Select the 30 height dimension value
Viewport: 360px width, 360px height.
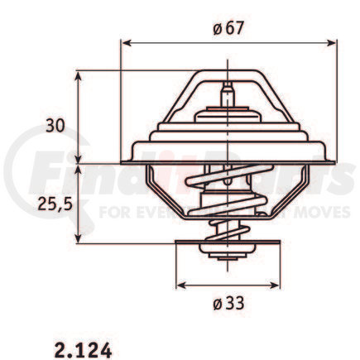pos(55,127)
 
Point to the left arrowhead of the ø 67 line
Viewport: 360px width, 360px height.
pos(125,41)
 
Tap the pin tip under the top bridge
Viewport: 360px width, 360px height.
pos(227,87)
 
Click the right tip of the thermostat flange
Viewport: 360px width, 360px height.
pos(335,160)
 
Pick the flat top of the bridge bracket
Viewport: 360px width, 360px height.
pos(227,74)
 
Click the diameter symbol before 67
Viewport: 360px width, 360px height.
pos(216,28)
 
